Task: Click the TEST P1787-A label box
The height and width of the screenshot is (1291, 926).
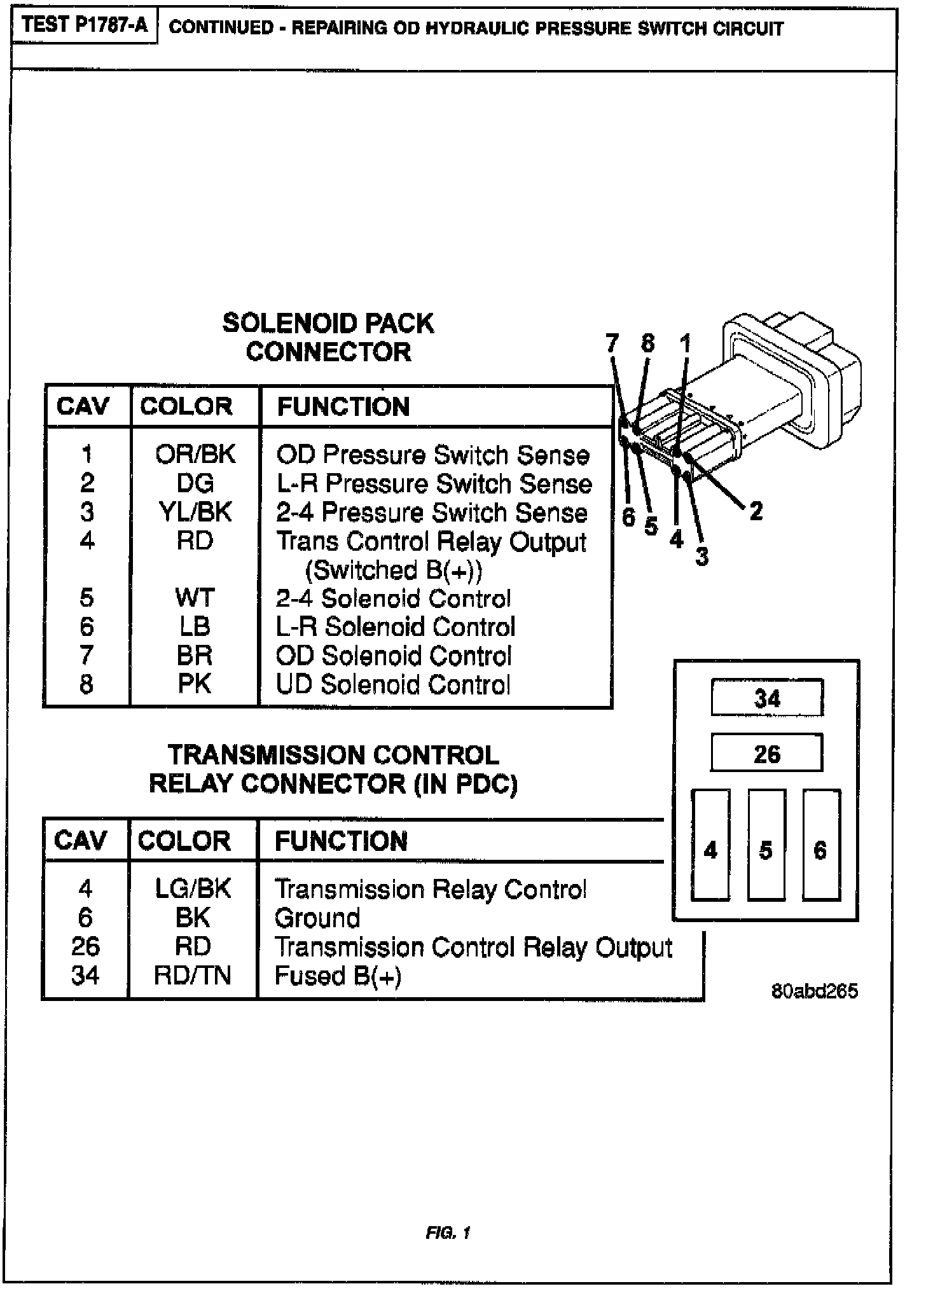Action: (x=84, y=25)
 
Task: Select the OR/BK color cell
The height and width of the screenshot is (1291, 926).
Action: (x=195, y=454)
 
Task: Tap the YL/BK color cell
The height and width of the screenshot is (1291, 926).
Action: (x=195, y=512)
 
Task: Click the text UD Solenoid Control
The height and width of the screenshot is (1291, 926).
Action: (x=393, y=684)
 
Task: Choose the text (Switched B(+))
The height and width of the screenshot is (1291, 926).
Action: (x=394, y=570)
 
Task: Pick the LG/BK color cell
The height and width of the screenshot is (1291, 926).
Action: (x=193, y=888)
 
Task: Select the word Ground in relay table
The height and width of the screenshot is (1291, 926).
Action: (x=317, y=918)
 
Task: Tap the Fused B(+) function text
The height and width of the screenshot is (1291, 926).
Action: (x=338, y=975)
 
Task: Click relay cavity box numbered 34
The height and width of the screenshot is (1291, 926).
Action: (x=767, y=698)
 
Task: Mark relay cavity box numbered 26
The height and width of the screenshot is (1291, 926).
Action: (x=766, y=754)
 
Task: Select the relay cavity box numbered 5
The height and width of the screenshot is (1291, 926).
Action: (x=766, y=845)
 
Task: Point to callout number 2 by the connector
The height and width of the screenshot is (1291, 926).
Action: (x=756, y=510)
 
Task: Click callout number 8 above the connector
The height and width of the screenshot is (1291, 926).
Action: (x=647, y=343)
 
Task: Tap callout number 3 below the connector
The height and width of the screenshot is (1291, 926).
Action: (x=701, y=556)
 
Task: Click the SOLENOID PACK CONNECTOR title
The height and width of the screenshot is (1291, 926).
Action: (x=328, y=337)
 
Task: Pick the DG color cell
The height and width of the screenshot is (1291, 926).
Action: (x=195, y=483)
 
